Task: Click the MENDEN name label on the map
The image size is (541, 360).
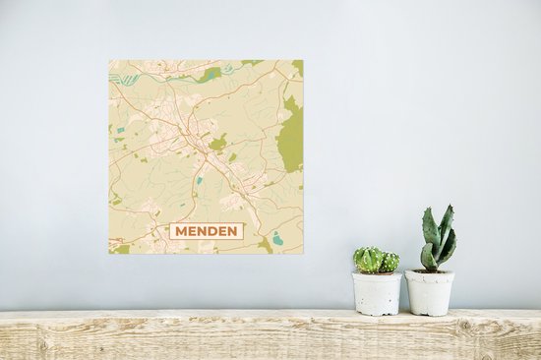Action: [206, 231]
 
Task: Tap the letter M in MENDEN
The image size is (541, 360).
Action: [181, 231]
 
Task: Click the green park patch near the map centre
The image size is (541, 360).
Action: [217, 144]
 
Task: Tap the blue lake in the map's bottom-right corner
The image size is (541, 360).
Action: [278, 238]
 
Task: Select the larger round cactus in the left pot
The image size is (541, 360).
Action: [369, 259]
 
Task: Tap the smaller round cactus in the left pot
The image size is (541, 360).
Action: [390, 262]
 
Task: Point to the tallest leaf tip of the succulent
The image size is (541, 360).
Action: [448, 208]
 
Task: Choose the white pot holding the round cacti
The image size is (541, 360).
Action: [377, 293]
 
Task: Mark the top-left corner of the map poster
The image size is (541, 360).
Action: [109, 60]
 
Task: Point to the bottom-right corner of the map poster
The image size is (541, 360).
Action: [303, 254]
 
